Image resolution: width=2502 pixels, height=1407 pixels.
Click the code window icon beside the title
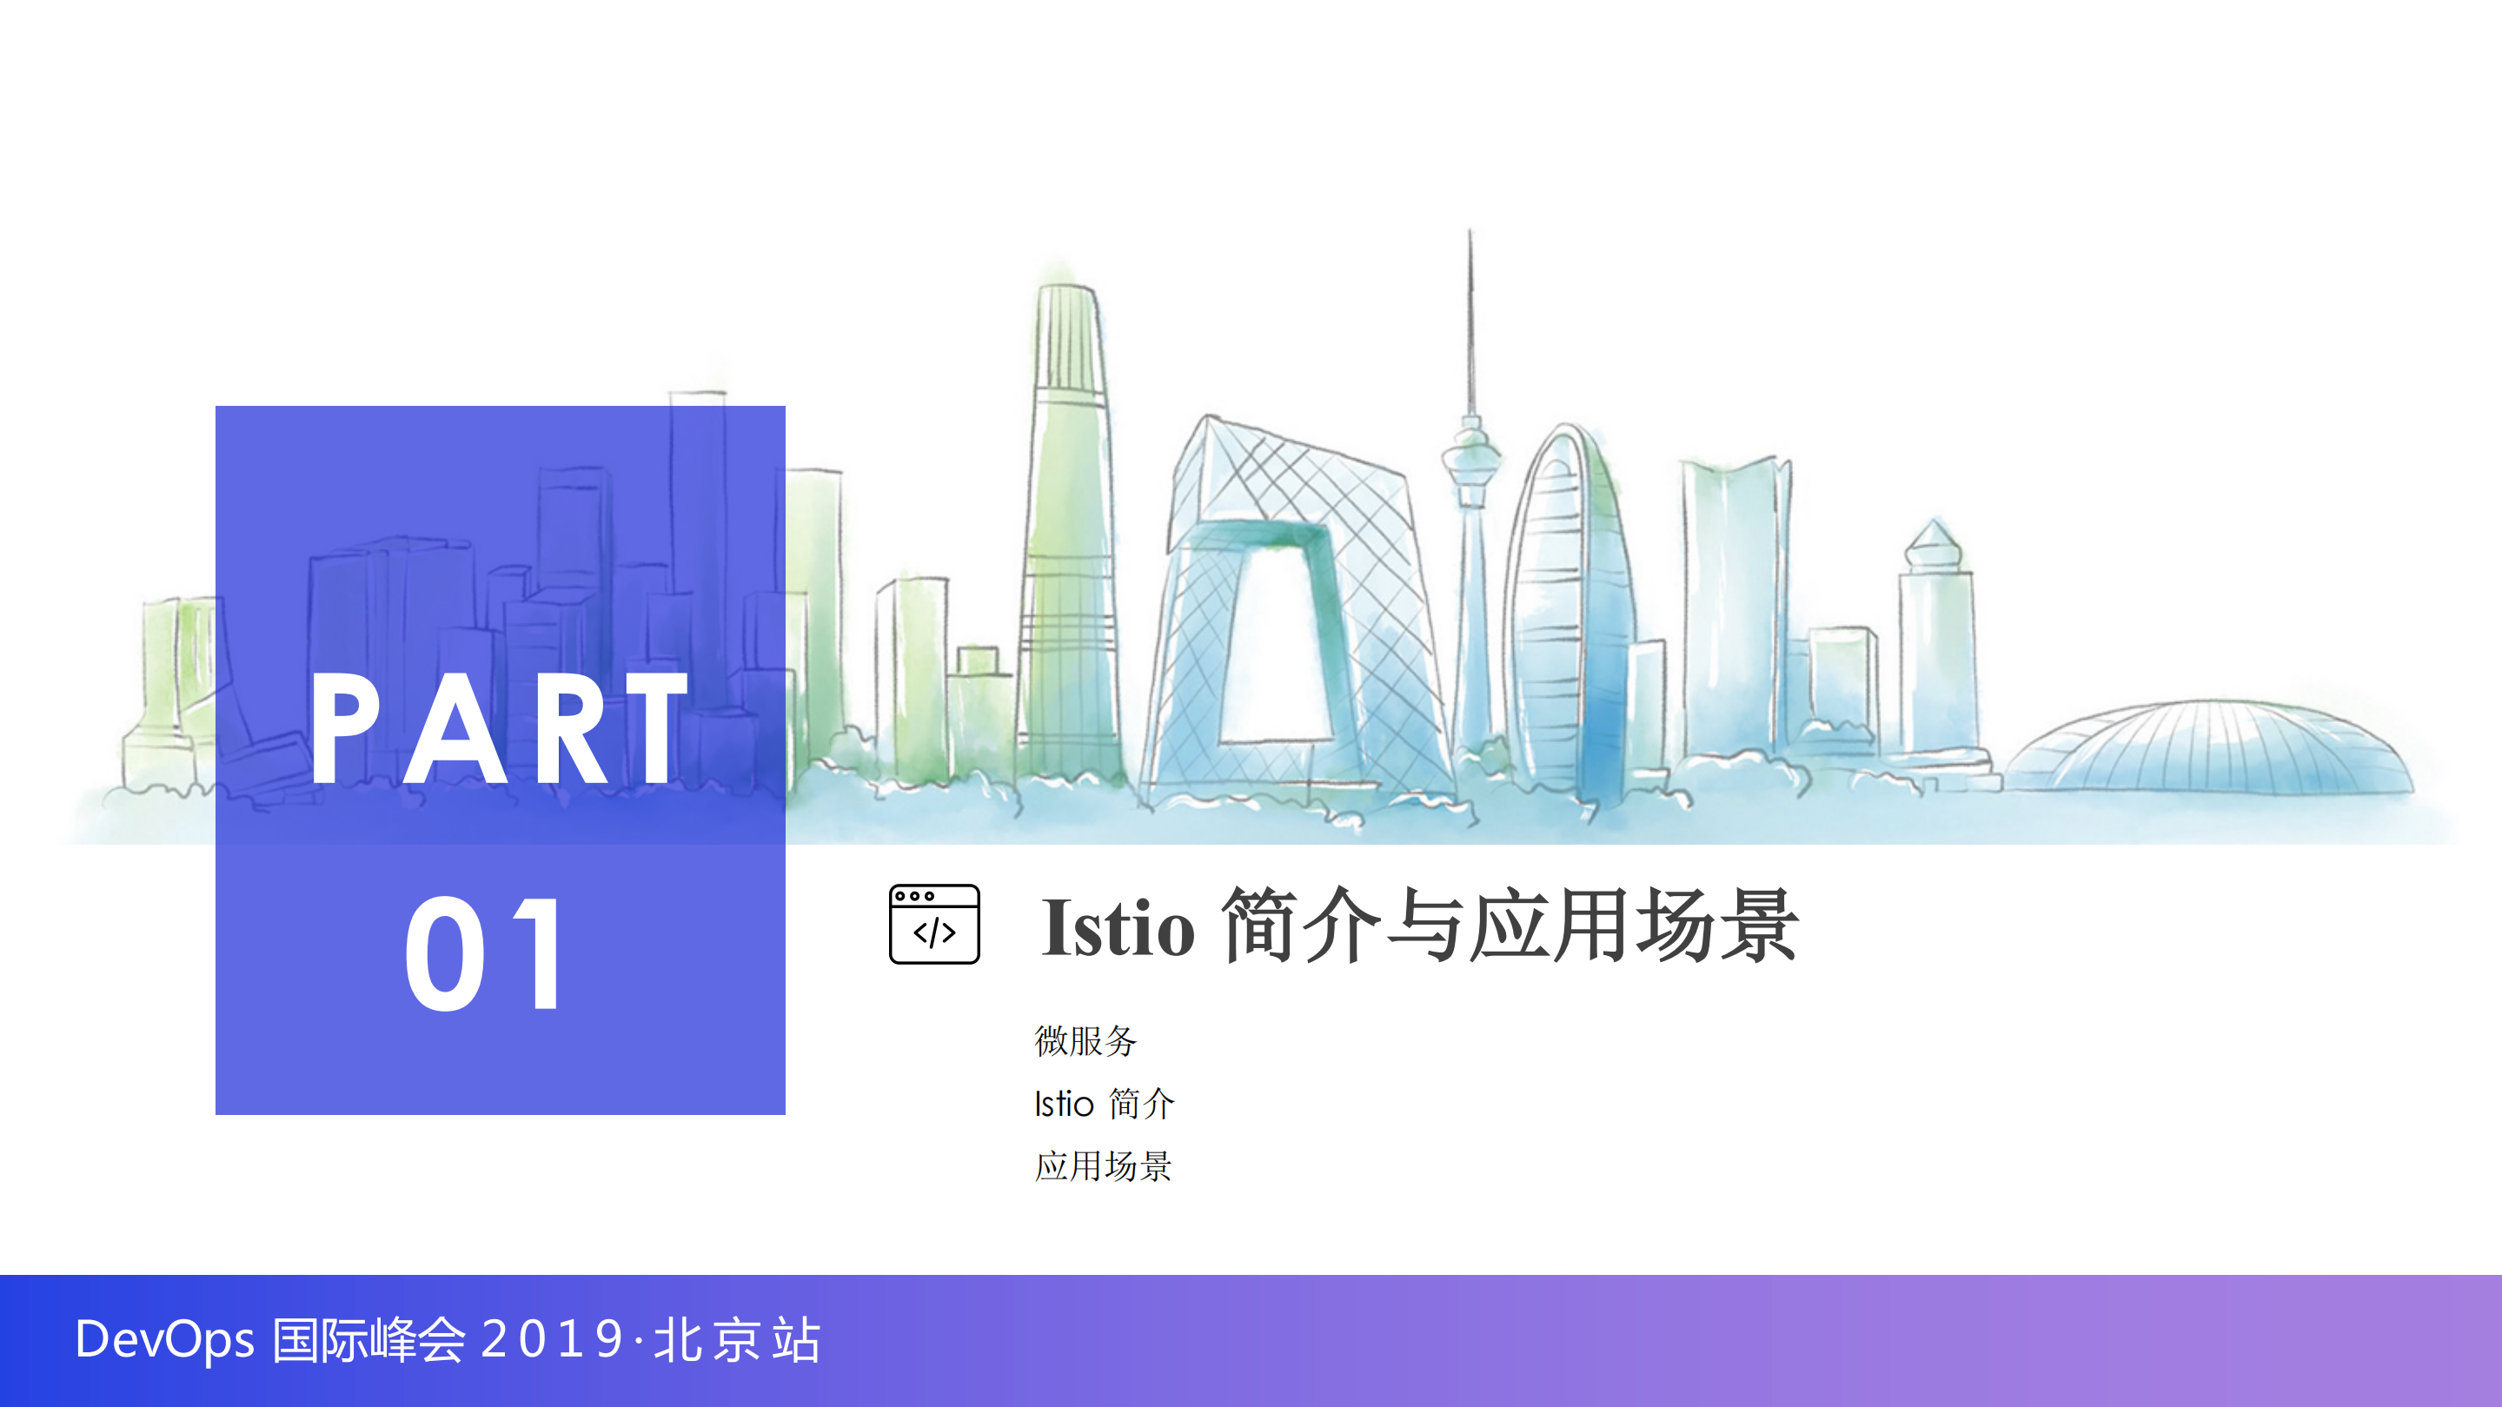933,924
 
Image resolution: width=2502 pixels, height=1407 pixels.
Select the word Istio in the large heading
1117,927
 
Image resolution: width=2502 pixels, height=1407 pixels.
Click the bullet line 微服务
1085,1041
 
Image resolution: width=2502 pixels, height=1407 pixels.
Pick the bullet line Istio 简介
1105,1104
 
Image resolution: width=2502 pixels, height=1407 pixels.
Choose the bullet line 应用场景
1104,1166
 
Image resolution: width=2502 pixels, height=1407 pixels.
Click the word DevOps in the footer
165,1340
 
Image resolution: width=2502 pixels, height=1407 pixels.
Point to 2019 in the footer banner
552,1340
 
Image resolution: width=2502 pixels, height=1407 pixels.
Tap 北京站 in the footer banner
737,1340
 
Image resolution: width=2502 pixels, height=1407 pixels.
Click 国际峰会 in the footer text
368,1340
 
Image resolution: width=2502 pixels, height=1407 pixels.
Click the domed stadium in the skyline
2210,747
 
